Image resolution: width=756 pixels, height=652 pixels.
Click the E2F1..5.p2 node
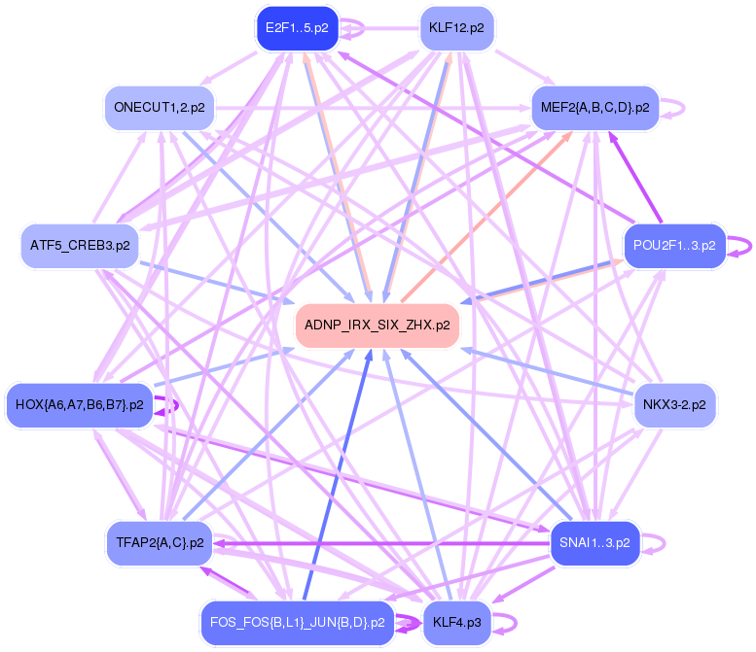click(297, 28)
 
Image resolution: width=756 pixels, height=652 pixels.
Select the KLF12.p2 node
click(456, 28)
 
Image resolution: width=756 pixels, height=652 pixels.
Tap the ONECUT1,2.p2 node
click(159, 108)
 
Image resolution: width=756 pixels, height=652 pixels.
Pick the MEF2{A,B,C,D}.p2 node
click(594, 108)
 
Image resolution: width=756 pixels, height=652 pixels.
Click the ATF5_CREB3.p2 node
click(80, 246)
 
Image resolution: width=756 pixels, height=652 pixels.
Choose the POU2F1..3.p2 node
click(674, 246)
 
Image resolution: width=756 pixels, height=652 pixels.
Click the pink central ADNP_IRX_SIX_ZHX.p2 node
click(377, 326)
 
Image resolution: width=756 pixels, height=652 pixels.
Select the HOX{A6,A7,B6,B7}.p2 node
click(80, 404)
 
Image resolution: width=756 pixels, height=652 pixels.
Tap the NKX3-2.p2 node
click(674, 404)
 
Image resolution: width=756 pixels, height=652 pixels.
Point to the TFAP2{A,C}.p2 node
click(159, 542)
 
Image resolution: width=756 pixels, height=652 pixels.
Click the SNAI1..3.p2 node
click(594, 542)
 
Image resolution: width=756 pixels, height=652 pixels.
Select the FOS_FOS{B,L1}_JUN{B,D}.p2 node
click(297, 622)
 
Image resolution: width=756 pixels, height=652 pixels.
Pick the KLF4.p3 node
click(456, 622)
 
